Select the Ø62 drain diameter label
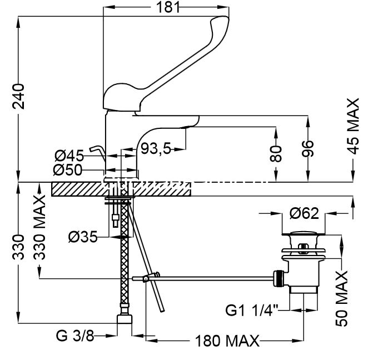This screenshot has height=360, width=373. [x=303, y=212]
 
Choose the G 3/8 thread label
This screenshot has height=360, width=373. [x=76, y=337]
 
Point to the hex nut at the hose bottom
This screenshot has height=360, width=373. [x=125, y=322]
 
